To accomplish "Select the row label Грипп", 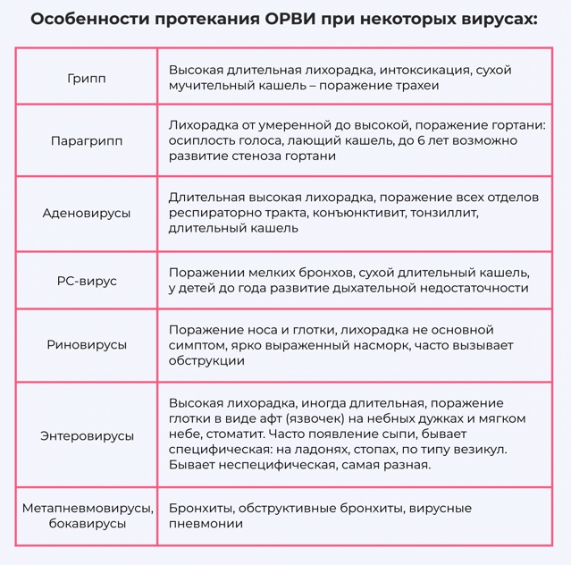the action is [x=87, y=79].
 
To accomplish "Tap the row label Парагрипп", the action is [x=87, y=141].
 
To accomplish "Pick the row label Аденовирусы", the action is [x=87, y=214].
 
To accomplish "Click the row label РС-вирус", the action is [x=87, y=281].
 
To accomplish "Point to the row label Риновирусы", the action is [x=87, y=345].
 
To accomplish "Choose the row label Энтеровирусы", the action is [x=87, y=435].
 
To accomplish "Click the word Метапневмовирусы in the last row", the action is [x=87, y=508].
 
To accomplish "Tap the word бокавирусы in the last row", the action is [x=87, y=525].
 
